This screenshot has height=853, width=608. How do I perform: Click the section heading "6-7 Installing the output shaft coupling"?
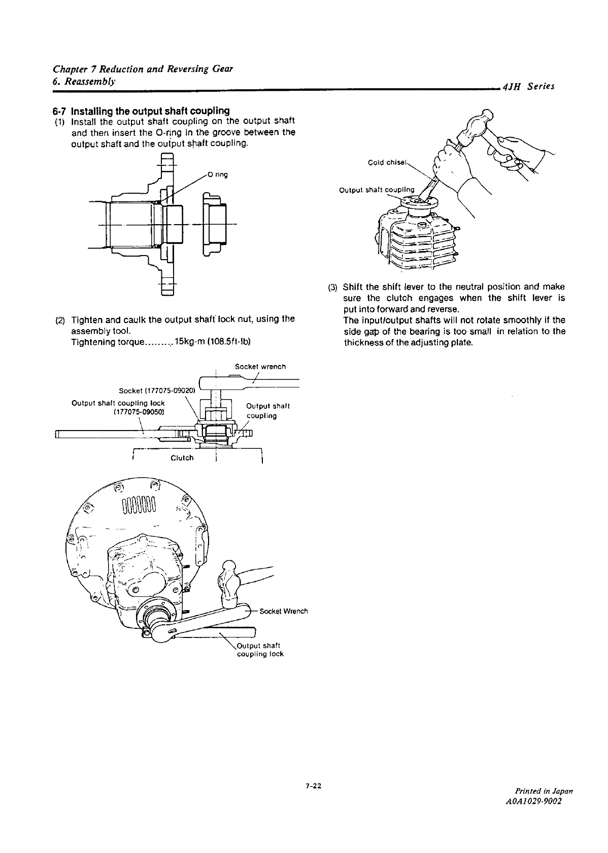141,111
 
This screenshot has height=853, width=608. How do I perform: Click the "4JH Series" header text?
528,87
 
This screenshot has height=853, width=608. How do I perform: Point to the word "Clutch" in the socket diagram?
182,458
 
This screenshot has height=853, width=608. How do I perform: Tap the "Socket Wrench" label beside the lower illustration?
283,611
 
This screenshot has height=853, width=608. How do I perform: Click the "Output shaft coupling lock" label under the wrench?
260,650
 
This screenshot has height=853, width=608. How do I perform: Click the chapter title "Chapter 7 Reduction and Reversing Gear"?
143,69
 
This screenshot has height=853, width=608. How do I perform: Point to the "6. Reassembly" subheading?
84,81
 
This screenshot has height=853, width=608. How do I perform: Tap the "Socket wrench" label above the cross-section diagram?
260,366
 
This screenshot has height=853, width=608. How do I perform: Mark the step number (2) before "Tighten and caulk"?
60,319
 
